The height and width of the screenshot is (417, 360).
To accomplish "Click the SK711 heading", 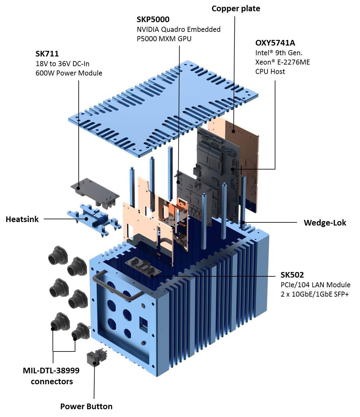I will click(x=47, y=54).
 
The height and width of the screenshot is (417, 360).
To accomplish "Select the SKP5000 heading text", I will click(x=153, y=19).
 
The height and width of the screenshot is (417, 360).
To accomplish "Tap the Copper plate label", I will click(x=236, y=8).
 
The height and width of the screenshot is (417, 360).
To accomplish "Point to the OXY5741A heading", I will click(x=275, y=43).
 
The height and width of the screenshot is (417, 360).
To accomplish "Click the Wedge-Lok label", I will click(x=325, y=223).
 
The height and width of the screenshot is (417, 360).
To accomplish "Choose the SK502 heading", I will click(x=292, y=275).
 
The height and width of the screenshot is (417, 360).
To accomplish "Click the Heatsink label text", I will click(x=22, y=219).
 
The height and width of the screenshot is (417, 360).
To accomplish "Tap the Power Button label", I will click(x=86, y=406).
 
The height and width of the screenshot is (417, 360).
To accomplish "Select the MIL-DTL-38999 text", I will click(x=51, y=371).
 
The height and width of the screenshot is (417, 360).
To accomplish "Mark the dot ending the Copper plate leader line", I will click(x=233, y=132).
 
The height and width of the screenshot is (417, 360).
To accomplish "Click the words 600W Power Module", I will click(x=69, y=73).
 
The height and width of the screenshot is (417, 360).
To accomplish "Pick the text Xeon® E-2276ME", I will click(x=283, y=62).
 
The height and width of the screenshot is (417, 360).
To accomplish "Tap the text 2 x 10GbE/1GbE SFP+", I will click(x=314, y=294).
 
